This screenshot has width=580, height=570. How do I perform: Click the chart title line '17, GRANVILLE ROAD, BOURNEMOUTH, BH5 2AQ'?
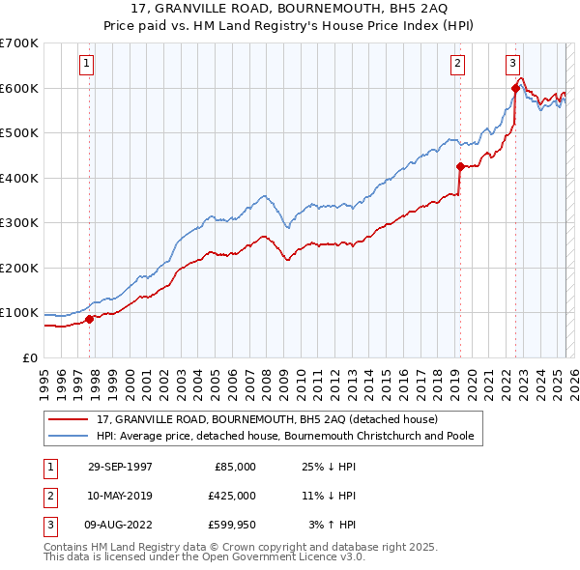click(289, 9)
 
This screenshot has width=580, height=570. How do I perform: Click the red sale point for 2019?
click(460, 166)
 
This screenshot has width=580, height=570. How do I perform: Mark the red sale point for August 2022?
click(515, 88)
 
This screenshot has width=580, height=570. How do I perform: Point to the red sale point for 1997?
click(90, 319)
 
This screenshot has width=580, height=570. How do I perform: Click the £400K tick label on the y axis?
click(19, 178)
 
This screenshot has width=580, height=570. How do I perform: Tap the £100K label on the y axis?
click(19, 313)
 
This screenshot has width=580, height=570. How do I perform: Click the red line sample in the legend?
click(70, 420)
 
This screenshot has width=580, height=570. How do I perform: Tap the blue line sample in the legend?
click(70, 437)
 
